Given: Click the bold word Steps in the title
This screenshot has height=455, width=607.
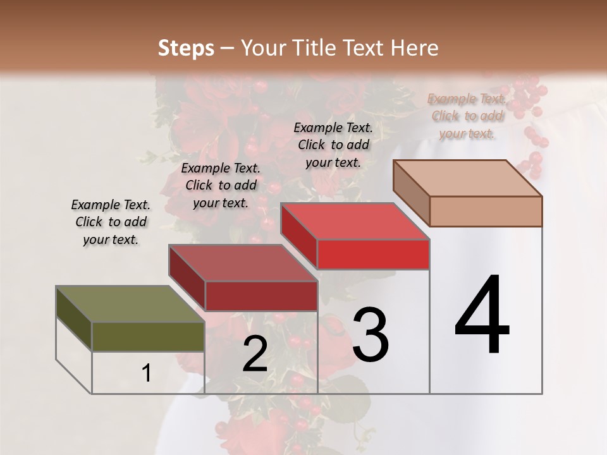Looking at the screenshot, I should click(x=186, y=48).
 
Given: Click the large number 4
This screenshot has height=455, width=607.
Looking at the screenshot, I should click(x=482, y=316).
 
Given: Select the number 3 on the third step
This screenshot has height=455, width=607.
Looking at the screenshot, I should click(x=371, y=335).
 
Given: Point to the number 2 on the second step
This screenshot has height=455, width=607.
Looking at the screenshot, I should click(x=255, y=355).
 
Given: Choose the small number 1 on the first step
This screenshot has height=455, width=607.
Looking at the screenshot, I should click(x=147, y=373).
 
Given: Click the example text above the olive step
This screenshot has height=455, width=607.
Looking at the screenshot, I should click(x=111, y=222).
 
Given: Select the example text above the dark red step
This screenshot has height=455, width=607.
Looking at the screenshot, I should click(x=221, y=185).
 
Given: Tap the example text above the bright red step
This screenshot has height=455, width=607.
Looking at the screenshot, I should click(x=333, y=145).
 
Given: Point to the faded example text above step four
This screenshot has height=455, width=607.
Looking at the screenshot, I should click(x=467, y=116).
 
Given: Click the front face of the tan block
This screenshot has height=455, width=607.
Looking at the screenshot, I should click(x=486, y=211).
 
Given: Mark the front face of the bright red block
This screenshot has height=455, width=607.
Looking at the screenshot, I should click(x=373, y=254).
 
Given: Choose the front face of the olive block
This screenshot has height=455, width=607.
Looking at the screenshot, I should click(x=148, y=336).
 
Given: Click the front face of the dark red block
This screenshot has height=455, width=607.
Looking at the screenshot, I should click(x=261, y=296).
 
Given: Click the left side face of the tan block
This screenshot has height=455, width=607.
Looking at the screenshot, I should click(x=411, y=193).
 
